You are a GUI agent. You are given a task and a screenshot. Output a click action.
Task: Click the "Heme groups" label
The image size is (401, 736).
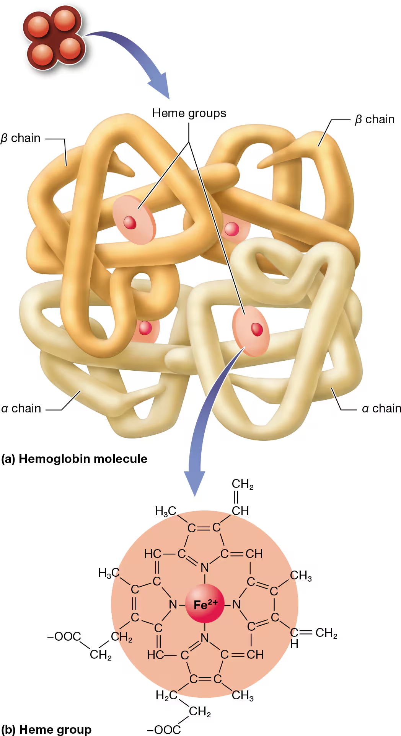click(189, 113)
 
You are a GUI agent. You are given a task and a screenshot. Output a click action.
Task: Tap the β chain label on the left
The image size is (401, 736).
click(21, 138)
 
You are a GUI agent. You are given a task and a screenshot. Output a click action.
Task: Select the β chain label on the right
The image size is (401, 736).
click(374, 119)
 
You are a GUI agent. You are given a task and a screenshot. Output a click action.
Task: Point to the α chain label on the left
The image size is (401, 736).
click(21, 409)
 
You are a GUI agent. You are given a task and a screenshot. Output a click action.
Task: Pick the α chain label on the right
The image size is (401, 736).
click(381, 409)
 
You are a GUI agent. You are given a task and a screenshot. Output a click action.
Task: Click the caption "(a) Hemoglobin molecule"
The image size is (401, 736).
click(74, 459)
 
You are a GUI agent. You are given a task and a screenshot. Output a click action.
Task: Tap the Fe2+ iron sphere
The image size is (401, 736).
click(205, 604)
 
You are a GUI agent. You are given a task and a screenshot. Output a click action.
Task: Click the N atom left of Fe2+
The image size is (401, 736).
click(173, 605)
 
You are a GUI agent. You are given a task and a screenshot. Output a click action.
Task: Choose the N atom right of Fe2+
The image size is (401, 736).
click(236, 605)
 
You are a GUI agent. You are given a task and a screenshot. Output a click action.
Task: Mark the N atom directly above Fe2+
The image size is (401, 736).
click(205, 568)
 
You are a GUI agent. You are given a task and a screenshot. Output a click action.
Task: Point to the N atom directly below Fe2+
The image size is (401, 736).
click(205, 638)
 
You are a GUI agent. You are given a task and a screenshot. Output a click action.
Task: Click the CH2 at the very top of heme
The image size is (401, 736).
click(242, 484)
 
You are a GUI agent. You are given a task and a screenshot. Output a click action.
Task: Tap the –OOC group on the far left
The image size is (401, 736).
click(64, 636)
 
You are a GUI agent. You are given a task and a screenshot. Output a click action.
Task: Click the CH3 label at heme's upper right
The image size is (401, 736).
click(301, 576)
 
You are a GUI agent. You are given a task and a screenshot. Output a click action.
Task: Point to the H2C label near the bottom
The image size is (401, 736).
click(166, 695)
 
